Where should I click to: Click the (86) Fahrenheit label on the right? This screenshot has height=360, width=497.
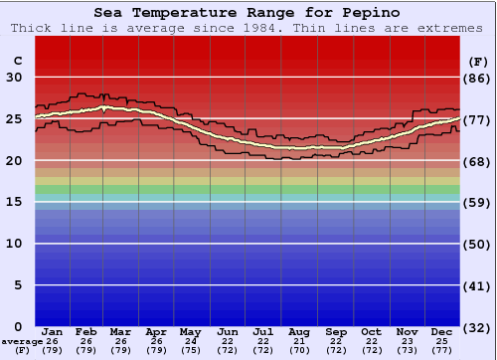click(x=479, y=78)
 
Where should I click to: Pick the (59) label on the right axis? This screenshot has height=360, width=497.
click(x=479, y=202)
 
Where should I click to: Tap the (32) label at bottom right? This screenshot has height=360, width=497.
click(x=479, y=327)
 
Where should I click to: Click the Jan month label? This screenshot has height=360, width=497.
click(x=53, y=331)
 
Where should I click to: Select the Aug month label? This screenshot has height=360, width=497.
click(x=299, y=331)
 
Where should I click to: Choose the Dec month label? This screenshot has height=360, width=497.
click(x=442, y=331)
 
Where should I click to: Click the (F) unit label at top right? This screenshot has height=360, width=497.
click(x=478, y=61)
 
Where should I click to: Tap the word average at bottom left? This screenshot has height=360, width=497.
click(x=22, y=341)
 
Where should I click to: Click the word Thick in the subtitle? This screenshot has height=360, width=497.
click(x=30, y=28)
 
